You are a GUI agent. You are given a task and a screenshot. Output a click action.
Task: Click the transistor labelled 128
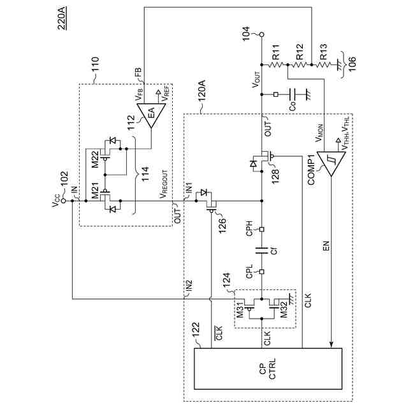(x=263, y=157)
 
